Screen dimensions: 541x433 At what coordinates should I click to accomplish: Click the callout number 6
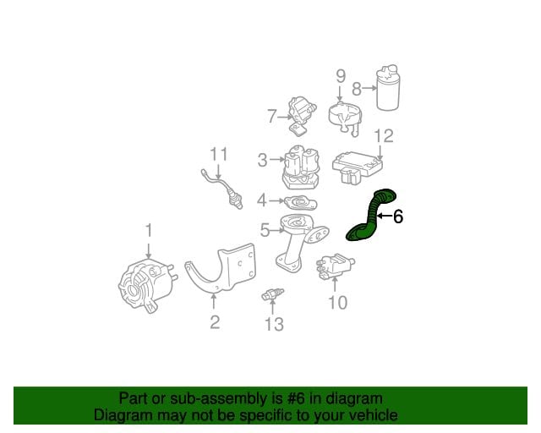tap(398, 216)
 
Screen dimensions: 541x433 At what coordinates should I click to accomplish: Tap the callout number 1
tap(149, 230)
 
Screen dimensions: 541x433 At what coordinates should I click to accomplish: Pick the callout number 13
tap(274, 324)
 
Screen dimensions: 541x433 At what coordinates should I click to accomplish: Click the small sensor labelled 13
tap(272, 294)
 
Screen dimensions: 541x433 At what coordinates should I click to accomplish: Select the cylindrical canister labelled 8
tap(388, 87)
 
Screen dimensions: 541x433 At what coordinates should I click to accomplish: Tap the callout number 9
tap(340, 76)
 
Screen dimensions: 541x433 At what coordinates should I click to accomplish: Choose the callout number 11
tap(219, 155)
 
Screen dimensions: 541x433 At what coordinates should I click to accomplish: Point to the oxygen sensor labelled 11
tap(222, 189)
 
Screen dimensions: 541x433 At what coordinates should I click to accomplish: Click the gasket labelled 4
tap(300, 203)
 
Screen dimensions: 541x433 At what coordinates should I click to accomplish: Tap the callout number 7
tap(272, 117)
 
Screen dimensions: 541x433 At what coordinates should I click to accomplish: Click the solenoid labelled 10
tap(336, 266)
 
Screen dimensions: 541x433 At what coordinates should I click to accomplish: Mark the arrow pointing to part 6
tap(385, 216)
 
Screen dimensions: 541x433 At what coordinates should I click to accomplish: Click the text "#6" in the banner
tap(296, 399)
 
